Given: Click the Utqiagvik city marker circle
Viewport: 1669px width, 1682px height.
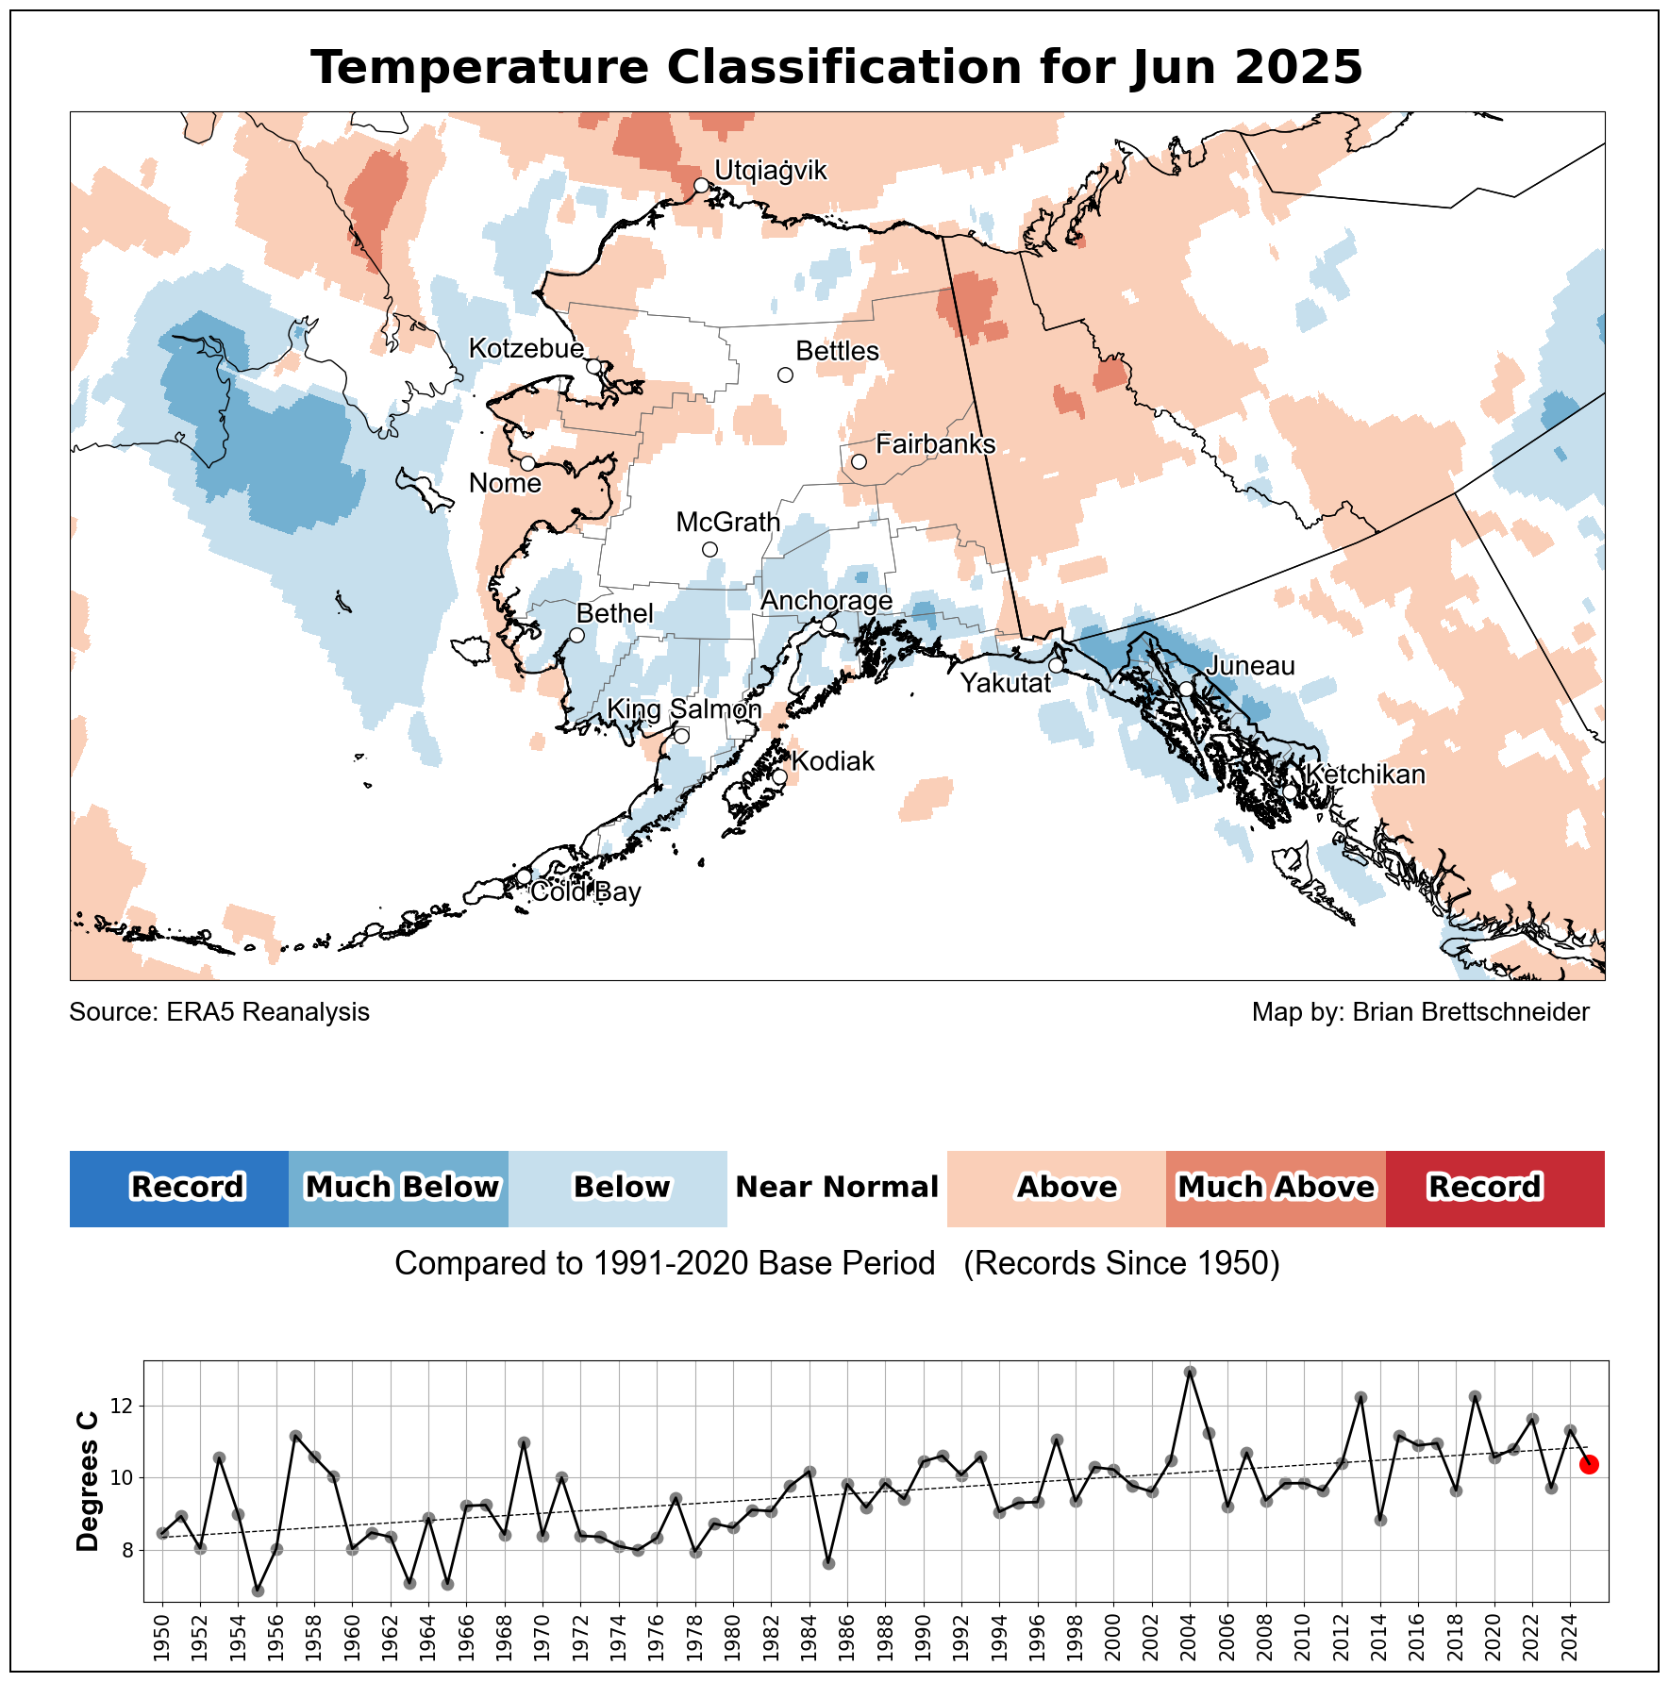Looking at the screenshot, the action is (x=701, y=185).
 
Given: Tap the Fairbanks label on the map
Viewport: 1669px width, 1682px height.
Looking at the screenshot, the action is (x=935, y=443).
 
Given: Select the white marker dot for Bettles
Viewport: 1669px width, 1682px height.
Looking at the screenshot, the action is (x=785, y=375).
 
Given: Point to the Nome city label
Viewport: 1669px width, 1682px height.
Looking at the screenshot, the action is (x=505, y=483).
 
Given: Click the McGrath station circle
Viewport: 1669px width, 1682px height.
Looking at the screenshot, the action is (x=710, y=549).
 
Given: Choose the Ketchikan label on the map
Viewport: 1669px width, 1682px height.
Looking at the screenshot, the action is (x=1364, y=774).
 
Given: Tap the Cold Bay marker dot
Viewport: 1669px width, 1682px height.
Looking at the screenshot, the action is (x=525, y=876).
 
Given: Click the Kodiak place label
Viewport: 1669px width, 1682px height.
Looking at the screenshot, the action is (x=833, y=761).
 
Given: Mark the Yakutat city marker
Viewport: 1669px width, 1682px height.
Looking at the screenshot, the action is (x=1056, y=665).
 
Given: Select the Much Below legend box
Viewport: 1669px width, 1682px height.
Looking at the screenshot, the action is (x=398, y=1189).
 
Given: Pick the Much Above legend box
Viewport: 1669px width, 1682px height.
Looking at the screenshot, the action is (x=1276, y=1189).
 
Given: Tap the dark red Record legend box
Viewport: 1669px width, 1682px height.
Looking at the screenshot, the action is (x=1495, y=1189).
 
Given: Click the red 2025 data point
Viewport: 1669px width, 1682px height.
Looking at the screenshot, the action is (x=1589, y=1464).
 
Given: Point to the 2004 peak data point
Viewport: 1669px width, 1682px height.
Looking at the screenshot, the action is (x=1190, y=1372).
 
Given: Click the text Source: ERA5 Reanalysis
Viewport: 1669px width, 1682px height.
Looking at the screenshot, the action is (x=220, y=1012).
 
